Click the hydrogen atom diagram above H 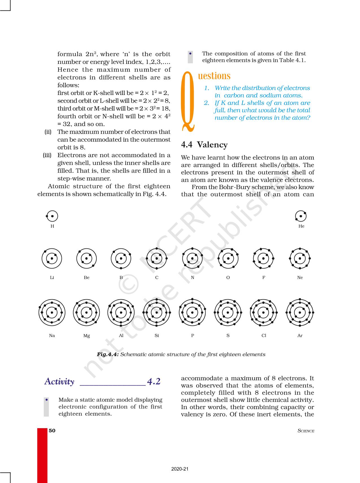52,216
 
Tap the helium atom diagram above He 301,216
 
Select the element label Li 52,278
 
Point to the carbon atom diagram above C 157,258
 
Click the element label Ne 300,278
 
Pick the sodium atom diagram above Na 52,313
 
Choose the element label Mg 87,336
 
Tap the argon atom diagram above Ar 300,313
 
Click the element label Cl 264,335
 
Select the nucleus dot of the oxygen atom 228,258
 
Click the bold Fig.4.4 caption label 108,354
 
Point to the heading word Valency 212,145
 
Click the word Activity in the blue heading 60,382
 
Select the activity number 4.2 154,382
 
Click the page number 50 52,430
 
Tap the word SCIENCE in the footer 306,431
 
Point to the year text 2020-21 180,469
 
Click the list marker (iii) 47,155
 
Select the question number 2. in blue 207,103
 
